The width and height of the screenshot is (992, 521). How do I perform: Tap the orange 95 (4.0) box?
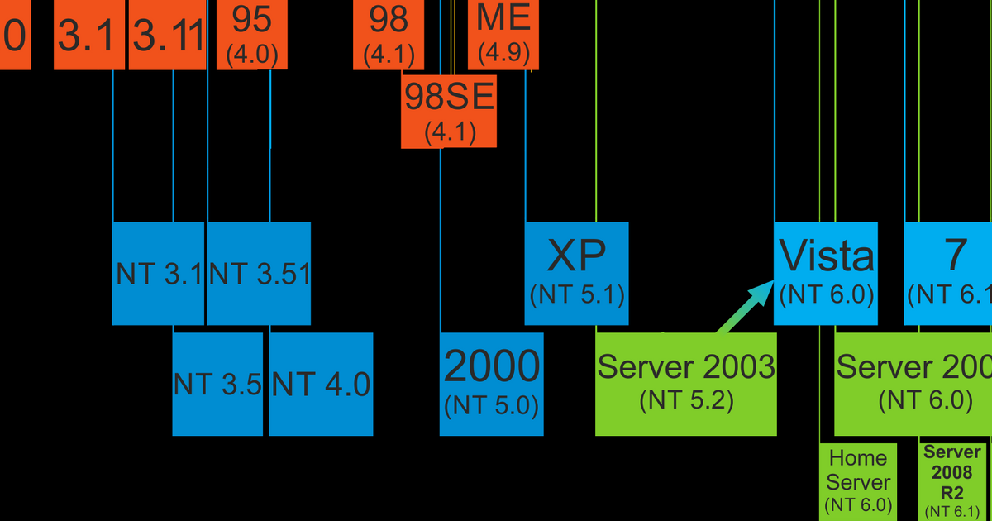[x=252, y=35]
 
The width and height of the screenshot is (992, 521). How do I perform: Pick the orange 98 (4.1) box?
[x=388, y=35]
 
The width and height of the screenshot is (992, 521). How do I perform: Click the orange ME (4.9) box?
[x=503, y=35]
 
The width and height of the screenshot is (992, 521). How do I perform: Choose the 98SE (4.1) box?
[x=450, y=111]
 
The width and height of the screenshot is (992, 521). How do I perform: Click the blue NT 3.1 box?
[x=158, y=273]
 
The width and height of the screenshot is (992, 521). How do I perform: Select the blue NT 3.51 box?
[x=259, y=273]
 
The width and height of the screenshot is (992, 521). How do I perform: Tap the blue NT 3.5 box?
[x=217, y=384]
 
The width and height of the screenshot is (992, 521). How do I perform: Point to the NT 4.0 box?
[x=321, y=384]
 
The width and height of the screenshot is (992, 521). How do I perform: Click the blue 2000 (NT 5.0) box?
[x=491, y=384]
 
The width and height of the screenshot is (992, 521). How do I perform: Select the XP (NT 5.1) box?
[x=576, y=273]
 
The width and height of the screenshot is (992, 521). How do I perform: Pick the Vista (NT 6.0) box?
[x=826, y=273]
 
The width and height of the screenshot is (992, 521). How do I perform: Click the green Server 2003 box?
[x=685, y=384]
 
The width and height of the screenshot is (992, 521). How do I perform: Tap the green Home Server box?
[x=858, y=480]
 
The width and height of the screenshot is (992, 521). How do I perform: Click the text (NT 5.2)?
[x=686, y=401]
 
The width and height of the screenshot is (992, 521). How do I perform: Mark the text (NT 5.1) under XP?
[x=576, y=294]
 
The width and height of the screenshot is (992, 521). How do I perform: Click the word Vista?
[x=826, y=258]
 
